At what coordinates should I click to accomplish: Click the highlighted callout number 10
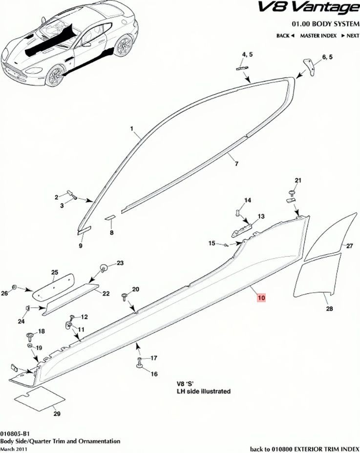coord(261,298)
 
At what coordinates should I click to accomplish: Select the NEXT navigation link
coord(350,36)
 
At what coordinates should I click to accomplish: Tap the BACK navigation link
coord(285,36)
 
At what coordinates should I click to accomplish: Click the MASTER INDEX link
coord(318,36)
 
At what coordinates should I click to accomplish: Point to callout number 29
coord(57,414)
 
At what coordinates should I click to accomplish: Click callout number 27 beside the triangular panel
coord(350,246)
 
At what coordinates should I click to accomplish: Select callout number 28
coord(329,309)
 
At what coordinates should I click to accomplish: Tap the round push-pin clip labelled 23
coord(104,267)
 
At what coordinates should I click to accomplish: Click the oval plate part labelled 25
coord(53,287)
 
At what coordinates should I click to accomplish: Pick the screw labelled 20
coord(125,296)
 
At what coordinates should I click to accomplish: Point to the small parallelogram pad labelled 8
coord(110,217)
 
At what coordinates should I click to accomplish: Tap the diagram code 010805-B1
coord(15,434)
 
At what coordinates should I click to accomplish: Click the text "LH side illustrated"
coord(204,391)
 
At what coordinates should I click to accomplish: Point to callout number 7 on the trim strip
coord(236,164)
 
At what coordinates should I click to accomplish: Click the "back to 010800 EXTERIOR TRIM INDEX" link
coord(305,449)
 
